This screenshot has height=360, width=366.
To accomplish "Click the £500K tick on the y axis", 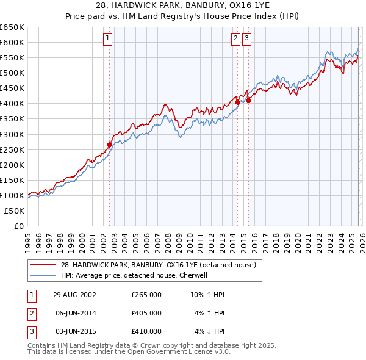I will tap(12, 73).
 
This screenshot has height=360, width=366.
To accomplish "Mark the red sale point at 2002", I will tap(110, 145).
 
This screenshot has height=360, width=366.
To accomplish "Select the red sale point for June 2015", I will tap(248, 100).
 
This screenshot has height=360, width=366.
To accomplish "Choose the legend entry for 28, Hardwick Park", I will tap(161, 265).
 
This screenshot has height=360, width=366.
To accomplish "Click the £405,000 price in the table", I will tap(146, 313).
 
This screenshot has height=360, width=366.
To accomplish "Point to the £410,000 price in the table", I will tap(146, 331).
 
